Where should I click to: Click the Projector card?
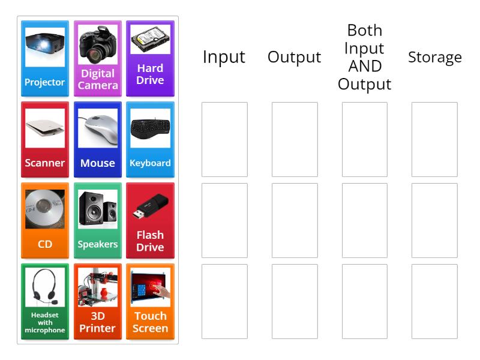pos(45,59)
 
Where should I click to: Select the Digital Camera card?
pos(98,59)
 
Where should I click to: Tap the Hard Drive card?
pos(150,59)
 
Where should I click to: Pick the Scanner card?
pos(45,140)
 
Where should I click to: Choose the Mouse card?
pos(98,140)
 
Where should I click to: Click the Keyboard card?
pos(150,140)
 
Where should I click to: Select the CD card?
pos(45,221)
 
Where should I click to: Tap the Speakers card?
pos(98,221)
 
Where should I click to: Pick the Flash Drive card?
pos(150,221)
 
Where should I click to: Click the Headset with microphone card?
pos(45,302)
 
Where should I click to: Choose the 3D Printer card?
pos(98,302)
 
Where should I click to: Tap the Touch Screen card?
pos(150,302)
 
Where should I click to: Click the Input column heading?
pos(224,57)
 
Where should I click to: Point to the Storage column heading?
pos(434,57)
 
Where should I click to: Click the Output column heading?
pos(294,57)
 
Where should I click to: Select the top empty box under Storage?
pos(434,139)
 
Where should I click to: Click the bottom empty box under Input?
pos(224,301)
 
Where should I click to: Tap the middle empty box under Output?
pos(295,220)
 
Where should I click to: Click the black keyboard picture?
pos(150,128)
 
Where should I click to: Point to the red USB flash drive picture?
pos(150,205)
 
